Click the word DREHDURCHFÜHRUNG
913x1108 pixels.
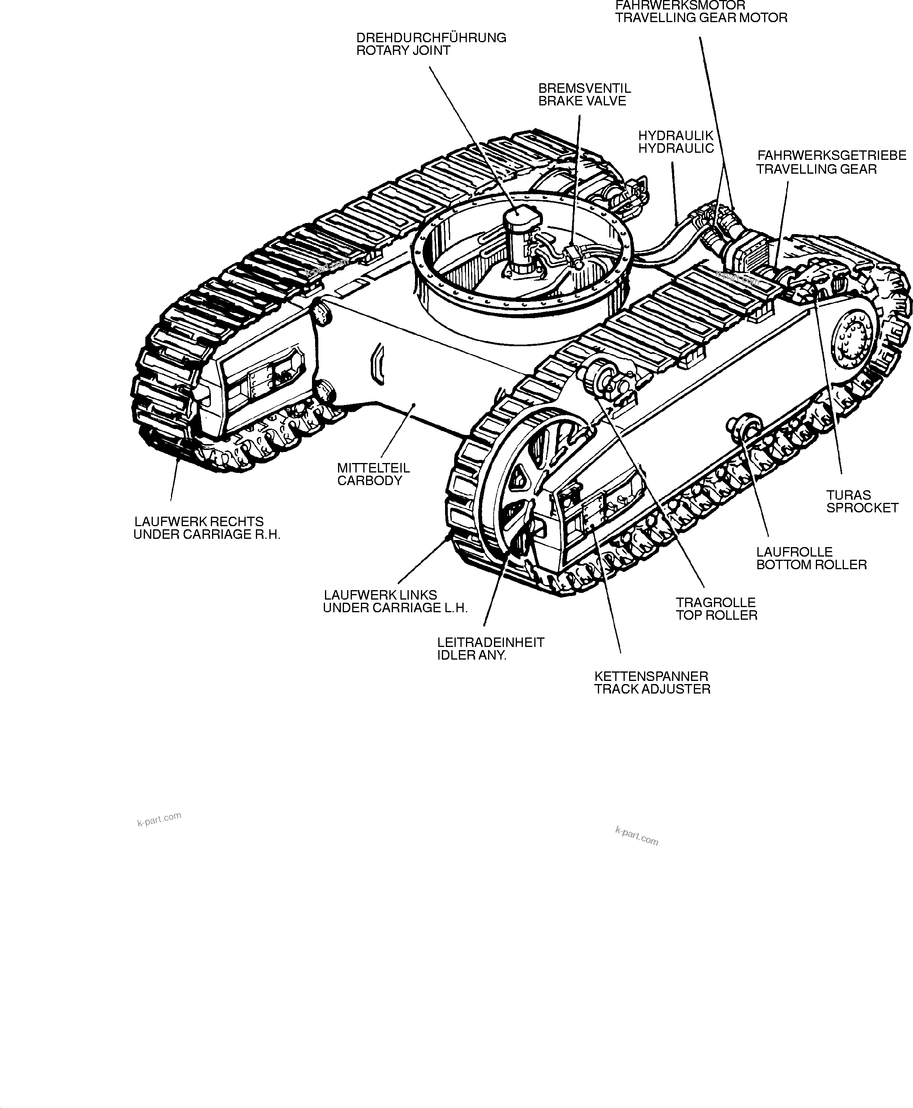point(431,38)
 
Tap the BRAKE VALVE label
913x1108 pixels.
point(582,101)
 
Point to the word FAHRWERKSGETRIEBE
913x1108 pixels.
point(832,156)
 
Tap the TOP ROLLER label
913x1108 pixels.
point(716,615)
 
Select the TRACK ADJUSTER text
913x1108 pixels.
point(652,689)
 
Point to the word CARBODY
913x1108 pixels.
point(369,480)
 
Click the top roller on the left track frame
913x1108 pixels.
point(602,376)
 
